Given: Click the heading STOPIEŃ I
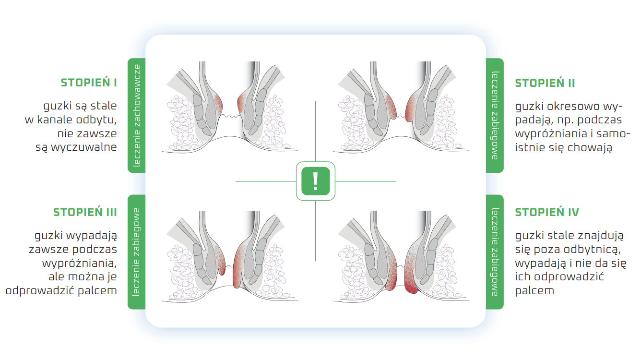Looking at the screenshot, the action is click(x=89, y=83).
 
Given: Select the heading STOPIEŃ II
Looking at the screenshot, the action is click(x=545, y=83).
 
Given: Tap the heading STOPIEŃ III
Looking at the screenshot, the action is click(x=85, y=212).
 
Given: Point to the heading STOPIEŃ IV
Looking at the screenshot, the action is click(x=547, y=212).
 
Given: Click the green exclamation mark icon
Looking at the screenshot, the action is click(x=316, y=181).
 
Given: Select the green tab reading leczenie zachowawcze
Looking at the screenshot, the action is click(x=136, y=115).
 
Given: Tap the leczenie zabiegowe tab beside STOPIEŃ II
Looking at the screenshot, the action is click(x=495, y=115).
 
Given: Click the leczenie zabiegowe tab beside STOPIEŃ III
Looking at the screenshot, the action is click(x=136, y=252).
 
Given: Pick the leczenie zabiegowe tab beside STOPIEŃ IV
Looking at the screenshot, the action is click(x=495, y=252).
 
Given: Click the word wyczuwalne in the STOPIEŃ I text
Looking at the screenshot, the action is click(x=84, y=147).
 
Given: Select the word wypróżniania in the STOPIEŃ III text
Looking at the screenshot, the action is click(x=79, y=263).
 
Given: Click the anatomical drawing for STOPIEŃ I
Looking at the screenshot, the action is click(x=230, y=107).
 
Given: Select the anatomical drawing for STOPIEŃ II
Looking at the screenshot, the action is click(x=401, y=107).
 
